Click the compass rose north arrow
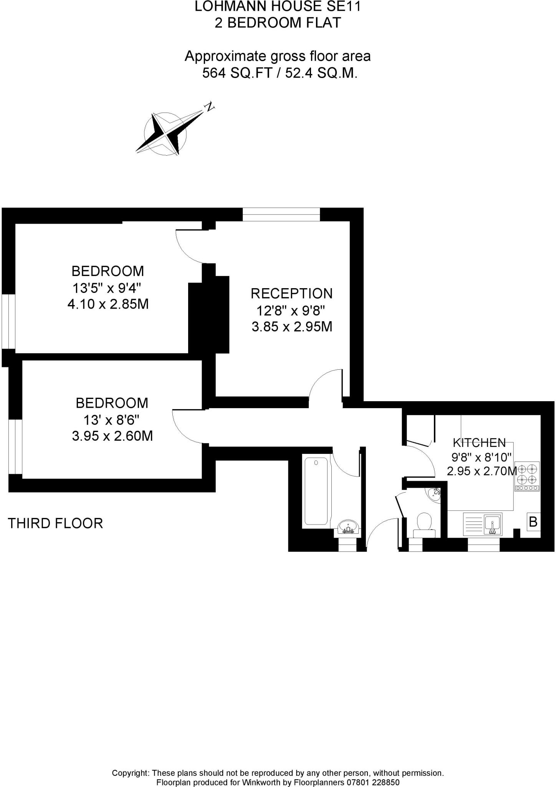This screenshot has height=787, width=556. tap(165, 134)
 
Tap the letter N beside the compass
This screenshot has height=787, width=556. tap(209, 107)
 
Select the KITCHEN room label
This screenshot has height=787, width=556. tap(479, 443)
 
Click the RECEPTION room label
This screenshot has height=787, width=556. tap(291, 293)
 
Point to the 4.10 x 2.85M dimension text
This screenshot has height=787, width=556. tap(108, 304)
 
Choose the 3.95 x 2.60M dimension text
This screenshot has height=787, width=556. tap(112, 436)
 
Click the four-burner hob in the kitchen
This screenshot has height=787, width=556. tap(527, 476)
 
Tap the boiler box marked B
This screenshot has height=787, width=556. tap(533, 522)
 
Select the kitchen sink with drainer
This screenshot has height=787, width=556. tap(483, 523)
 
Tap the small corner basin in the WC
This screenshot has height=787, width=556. tap(435, 493)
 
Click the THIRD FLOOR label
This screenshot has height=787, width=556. tap(55, 523)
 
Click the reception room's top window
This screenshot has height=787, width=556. tap(281, 214)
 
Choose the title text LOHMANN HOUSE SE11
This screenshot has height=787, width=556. tap(278, 7)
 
